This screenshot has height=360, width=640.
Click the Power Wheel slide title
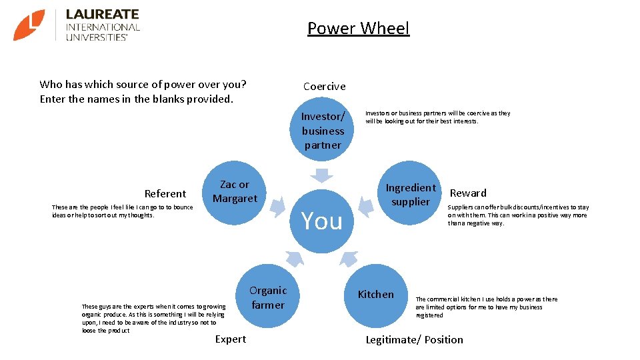tap(358, 29)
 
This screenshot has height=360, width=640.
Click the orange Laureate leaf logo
tap(29, 25)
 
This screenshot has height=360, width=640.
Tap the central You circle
tap(322, 220)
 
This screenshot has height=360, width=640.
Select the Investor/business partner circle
tap(323, 131)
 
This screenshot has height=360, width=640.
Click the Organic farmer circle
tap(268, 297)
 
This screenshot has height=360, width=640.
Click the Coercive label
tap(325, 86)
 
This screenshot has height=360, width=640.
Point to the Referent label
tap(165, 194)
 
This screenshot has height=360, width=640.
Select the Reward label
tap(468, 193)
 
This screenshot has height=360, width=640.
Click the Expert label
tap(231, 339)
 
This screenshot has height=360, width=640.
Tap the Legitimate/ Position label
tap(414, 340)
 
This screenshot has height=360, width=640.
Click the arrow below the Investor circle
tap(323, 175)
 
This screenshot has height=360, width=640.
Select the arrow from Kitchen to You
tap(349, 259)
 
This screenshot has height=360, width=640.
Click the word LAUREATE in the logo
tap(102, 14)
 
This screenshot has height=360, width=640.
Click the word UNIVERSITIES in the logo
tap(97, 37)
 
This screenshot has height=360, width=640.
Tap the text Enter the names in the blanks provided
tap(137, 99)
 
